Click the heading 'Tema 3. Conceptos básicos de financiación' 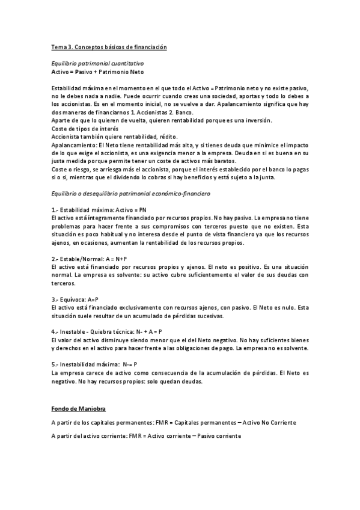pos(108,47)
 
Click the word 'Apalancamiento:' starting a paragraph pos(70,145)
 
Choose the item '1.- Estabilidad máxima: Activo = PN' pos(99,209)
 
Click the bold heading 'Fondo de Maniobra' pos(78,408)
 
